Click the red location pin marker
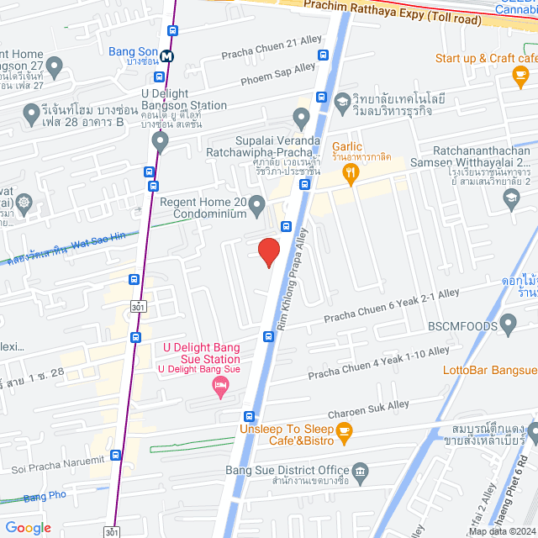(268, 251)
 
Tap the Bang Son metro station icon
(168, 55)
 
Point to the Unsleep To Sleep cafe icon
(343, 431)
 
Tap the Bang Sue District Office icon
(360, 471)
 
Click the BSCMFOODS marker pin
(507, 323)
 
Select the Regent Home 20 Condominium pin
(257, 204)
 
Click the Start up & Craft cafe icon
(519, 76)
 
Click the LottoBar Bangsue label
(490, 371)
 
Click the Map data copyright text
(501, 530)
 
